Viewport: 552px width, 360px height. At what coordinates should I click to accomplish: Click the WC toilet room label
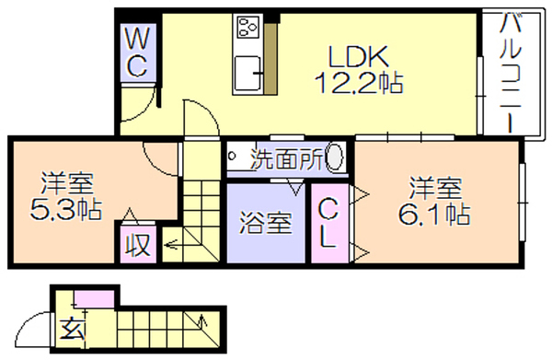(137, 52)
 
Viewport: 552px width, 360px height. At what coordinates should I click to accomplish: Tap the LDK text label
(359, 56)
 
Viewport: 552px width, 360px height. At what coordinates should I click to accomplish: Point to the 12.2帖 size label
(359, 83)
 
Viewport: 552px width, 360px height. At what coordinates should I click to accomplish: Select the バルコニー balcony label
(511, 72)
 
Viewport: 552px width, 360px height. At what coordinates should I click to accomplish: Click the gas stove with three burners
(247, 27)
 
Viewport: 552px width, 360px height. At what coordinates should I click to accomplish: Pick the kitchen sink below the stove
(247, 74)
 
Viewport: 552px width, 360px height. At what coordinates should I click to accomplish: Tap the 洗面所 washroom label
(286, 160)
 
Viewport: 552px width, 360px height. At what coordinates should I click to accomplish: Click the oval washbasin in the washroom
(335, 157)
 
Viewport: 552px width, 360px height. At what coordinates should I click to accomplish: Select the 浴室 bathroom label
(266, 223)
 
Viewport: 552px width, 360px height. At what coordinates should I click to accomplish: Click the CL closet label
(328, 223)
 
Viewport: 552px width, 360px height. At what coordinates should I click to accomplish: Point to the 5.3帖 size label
(66, 210)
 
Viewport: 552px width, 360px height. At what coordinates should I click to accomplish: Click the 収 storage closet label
(138, 245)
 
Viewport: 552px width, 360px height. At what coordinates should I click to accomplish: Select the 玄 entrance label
(73, 329)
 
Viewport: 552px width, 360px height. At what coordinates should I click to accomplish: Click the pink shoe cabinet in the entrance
(95, 299)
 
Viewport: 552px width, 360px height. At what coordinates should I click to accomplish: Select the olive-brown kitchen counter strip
(270, 59)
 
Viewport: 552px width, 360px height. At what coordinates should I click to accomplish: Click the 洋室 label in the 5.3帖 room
(67, 183)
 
